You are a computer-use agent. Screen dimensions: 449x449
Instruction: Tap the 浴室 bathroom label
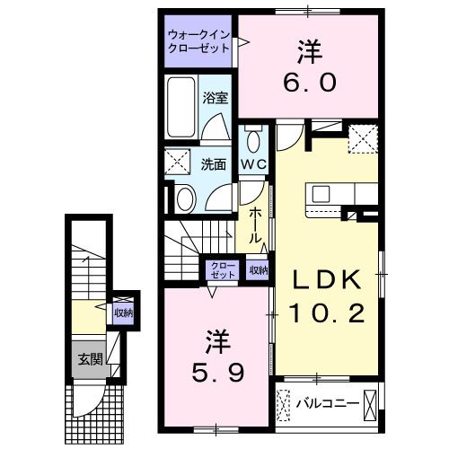point(213,98)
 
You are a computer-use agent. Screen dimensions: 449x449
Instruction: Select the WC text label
point(252,164)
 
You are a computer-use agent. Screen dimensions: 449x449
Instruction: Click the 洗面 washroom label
point(213,164)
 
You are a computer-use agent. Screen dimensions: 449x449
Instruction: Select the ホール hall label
point(255,226)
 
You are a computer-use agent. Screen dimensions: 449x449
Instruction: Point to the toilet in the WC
point(252,140)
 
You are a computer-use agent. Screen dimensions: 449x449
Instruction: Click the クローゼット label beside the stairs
point(222,270)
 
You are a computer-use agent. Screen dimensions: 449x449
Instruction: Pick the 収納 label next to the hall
point(258,270)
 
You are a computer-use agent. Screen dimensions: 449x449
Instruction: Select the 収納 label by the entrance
point(123,313)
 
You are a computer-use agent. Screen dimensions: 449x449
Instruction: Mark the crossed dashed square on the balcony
point(286,404)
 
